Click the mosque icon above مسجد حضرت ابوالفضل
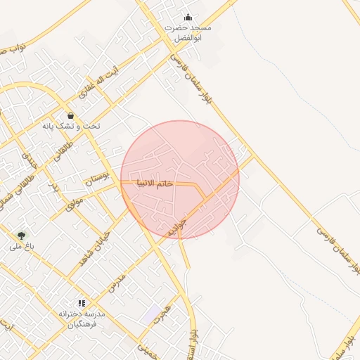tap(188, 17)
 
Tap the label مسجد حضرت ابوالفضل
tap(188, 32)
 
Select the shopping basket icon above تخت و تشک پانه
tap(70, 115)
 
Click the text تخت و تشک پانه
tap(70, 126)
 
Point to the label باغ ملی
tap(22, 247)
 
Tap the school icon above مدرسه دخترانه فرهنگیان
tap(82, 302)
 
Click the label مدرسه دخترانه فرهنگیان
tap(82, 319)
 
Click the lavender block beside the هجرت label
tap(151, 315)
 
